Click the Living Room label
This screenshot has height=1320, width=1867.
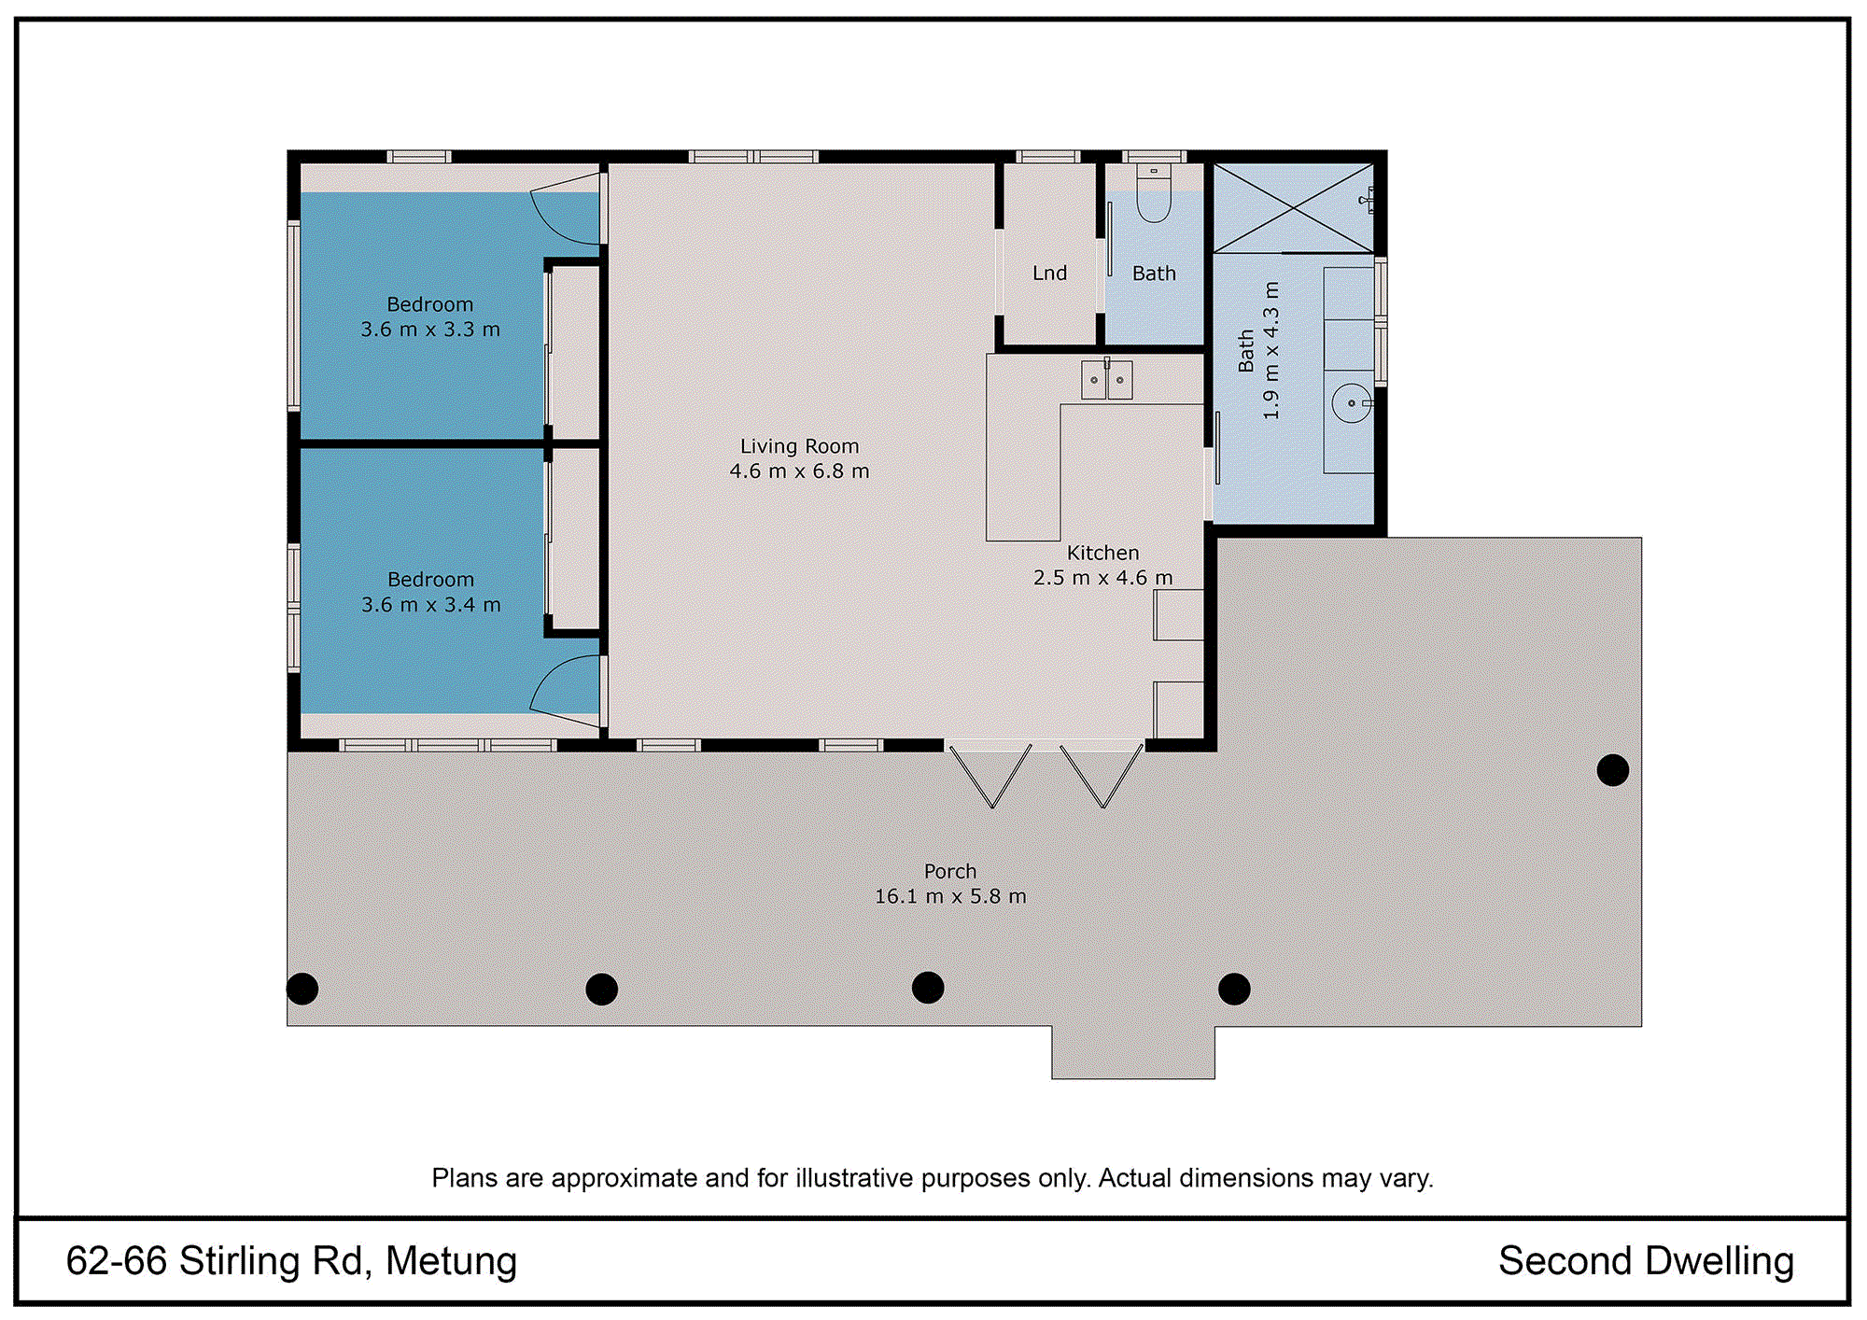click(x=799, y=446)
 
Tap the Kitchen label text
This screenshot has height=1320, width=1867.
click(x=1102, y=553)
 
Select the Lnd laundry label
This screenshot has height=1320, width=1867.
click(x=1049, y=274)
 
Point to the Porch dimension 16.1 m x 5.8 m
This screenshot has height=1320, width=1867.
click(x=950, y=896)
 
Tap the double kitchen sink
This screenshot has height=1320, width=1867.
click(x=1107, y=379)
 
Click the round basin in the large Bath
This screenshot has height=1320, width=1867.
click(x=1351, y=403)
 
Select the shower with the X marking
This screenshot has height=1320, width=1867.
click(x=1293, y=208)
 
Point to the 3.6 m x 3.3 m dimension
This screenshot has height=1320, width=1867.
click(x=430, y=330)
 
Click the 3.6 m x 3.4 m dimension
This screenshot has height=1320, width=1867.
click(x=431, y=605)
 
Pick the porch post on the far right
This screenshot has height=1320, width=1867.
click(x=1612, y=770)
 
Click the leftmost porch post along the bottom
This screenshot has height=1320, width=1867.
click(x=302, y=989)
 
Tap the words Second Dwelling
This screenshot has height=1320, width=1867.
click(x=1646, y=1261)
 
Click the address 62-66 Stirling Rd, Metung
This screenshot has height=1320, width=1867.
click(x=291, y=1261)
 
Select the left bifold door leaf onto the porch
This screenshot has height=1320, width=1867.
click(x=990, y=776)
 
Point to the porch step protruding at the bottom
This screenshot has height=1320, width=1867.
click(x=1133, y=1052)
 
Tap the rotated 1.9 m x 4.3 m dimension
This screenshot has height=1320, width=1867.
click(x=1270, y=350)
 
